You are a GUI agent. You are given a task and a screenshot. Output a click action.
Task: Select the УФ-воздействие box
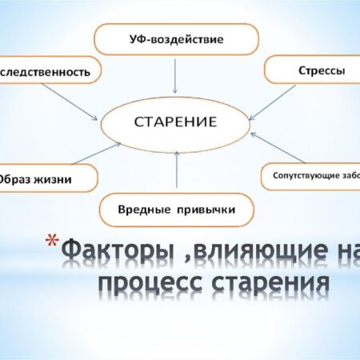[x=176, y=38]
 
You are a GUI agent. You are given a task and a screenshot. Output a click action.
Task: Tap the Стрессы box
[x=315, y=70]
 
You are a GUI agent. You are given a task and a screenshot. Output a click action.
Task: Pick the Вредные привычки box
[x=176, y=209]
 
